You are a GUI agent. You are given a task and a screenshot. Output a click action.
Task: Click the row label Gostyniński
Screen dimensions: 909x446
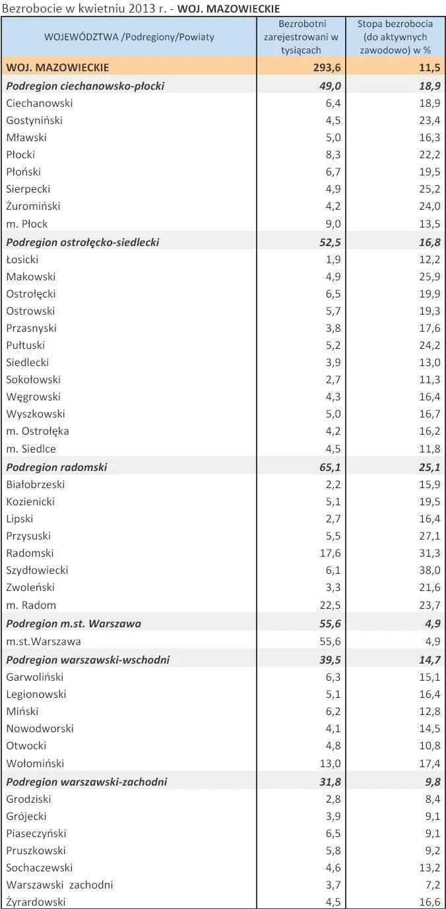[34, 120]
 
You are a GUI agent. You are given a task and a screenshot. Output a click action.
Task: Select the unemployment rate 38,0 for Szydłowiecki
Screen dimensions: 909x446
[430, 570]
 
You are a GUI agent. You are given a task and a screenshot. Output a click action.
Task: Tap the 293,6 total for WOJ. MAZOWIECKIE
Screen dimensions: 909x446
[325, 67]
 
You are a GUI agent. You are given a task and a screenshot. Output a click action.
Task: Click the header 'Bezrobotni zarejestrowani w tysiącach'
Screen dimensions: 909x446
[300, 37]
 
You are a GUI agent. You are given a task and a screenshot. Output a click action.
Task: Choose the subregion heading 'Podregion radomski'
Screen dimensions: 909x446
[57, 467]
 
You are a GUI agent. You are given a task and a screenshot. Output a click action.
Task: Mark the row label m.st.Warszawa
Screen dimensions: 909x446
[44, 641]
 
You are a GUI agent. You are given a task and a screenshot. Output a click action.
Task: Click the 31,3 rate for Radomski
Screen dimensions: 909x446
[430, 553]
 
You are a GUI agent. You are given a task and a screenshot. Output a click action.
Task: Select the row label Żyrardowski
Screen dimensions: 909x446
[36, 902]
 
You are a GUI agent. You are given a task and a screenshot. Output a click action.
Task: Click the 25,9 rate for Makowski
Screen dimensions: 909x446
[430, 276]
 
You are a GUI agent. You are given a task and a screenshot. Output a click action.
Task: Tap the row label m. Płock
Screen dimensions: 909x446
[27, 224]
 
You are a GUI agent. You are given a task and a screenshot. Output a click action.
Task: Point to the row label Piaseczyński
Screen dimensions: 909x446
[36, 833]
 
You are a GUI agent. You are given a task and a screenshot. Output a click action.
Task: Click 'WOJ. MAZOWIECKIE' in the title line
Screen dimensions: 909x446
[229, 9]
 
